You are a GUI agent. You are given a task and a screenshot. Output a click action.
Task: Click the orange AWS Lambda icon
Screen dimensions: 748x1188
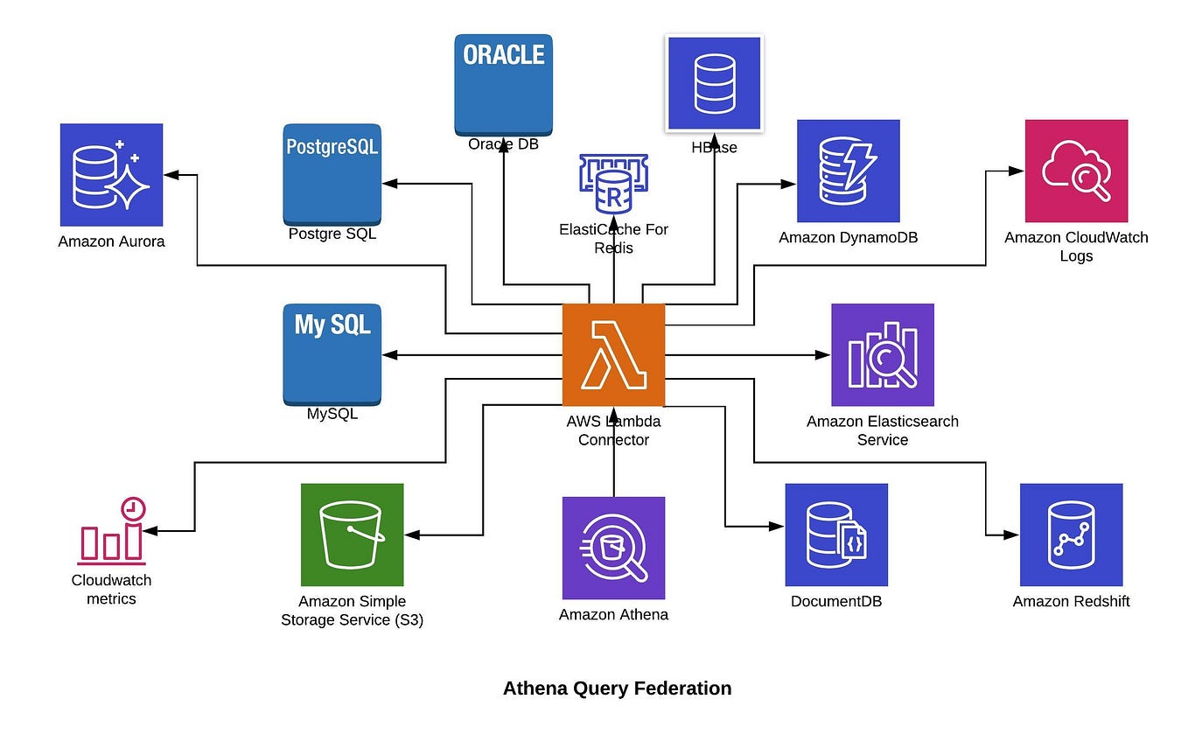click(x=613, y=355)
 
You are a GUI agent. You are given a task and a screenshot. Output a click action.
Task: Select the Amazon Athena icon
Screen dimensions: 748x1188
click(x=613, y=548)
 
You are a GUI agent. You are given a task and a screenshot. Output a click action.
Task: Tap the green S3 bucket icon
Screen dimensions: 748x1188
click(x=352, y=535)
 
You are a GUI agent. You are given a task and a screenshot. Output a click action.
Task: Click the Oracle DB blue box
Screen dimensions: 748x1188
click(x=503, y=84)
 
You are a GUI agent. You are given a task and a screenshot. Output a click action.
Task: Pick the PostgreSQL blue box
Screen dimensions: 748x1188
click(x=332, y=174)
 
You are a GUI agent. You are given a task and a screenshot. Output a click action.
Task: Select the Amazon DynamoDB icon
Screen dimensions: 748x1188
click(x=848, y=171)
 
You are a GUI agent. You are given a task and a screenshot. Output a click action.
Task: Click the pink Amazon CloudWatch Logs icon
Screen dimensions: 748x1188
click(x=1076, y=171)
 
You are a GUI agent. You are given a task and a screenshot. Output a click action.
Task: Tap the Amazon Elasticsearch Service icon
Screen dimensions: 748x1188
click(x=882, y=355)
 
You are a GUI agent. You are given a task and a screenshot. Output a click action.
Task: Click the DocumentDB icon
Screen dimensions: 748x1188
click(x=836, y=535)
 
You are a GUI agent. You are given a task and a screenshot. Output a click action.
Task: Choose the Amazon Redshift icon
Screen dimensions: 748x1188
click(x=1071, y=535)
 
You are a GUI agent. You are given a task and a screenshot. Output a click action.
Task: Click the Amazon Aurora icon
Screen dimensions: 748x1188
click(x=111, y=175)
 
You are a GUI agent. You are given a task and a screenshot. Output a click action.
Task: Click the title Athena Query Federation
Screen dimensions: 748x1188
click(x=617, y=689)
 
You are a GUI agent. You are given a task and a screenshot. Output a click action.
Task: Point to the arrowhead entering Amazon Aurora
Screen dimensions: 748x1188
click(x=171, y=175)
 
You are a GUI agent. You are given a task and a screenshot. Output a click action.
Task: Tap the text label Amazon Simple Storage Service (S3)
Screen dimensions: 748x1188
click(x=352, y=611)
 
